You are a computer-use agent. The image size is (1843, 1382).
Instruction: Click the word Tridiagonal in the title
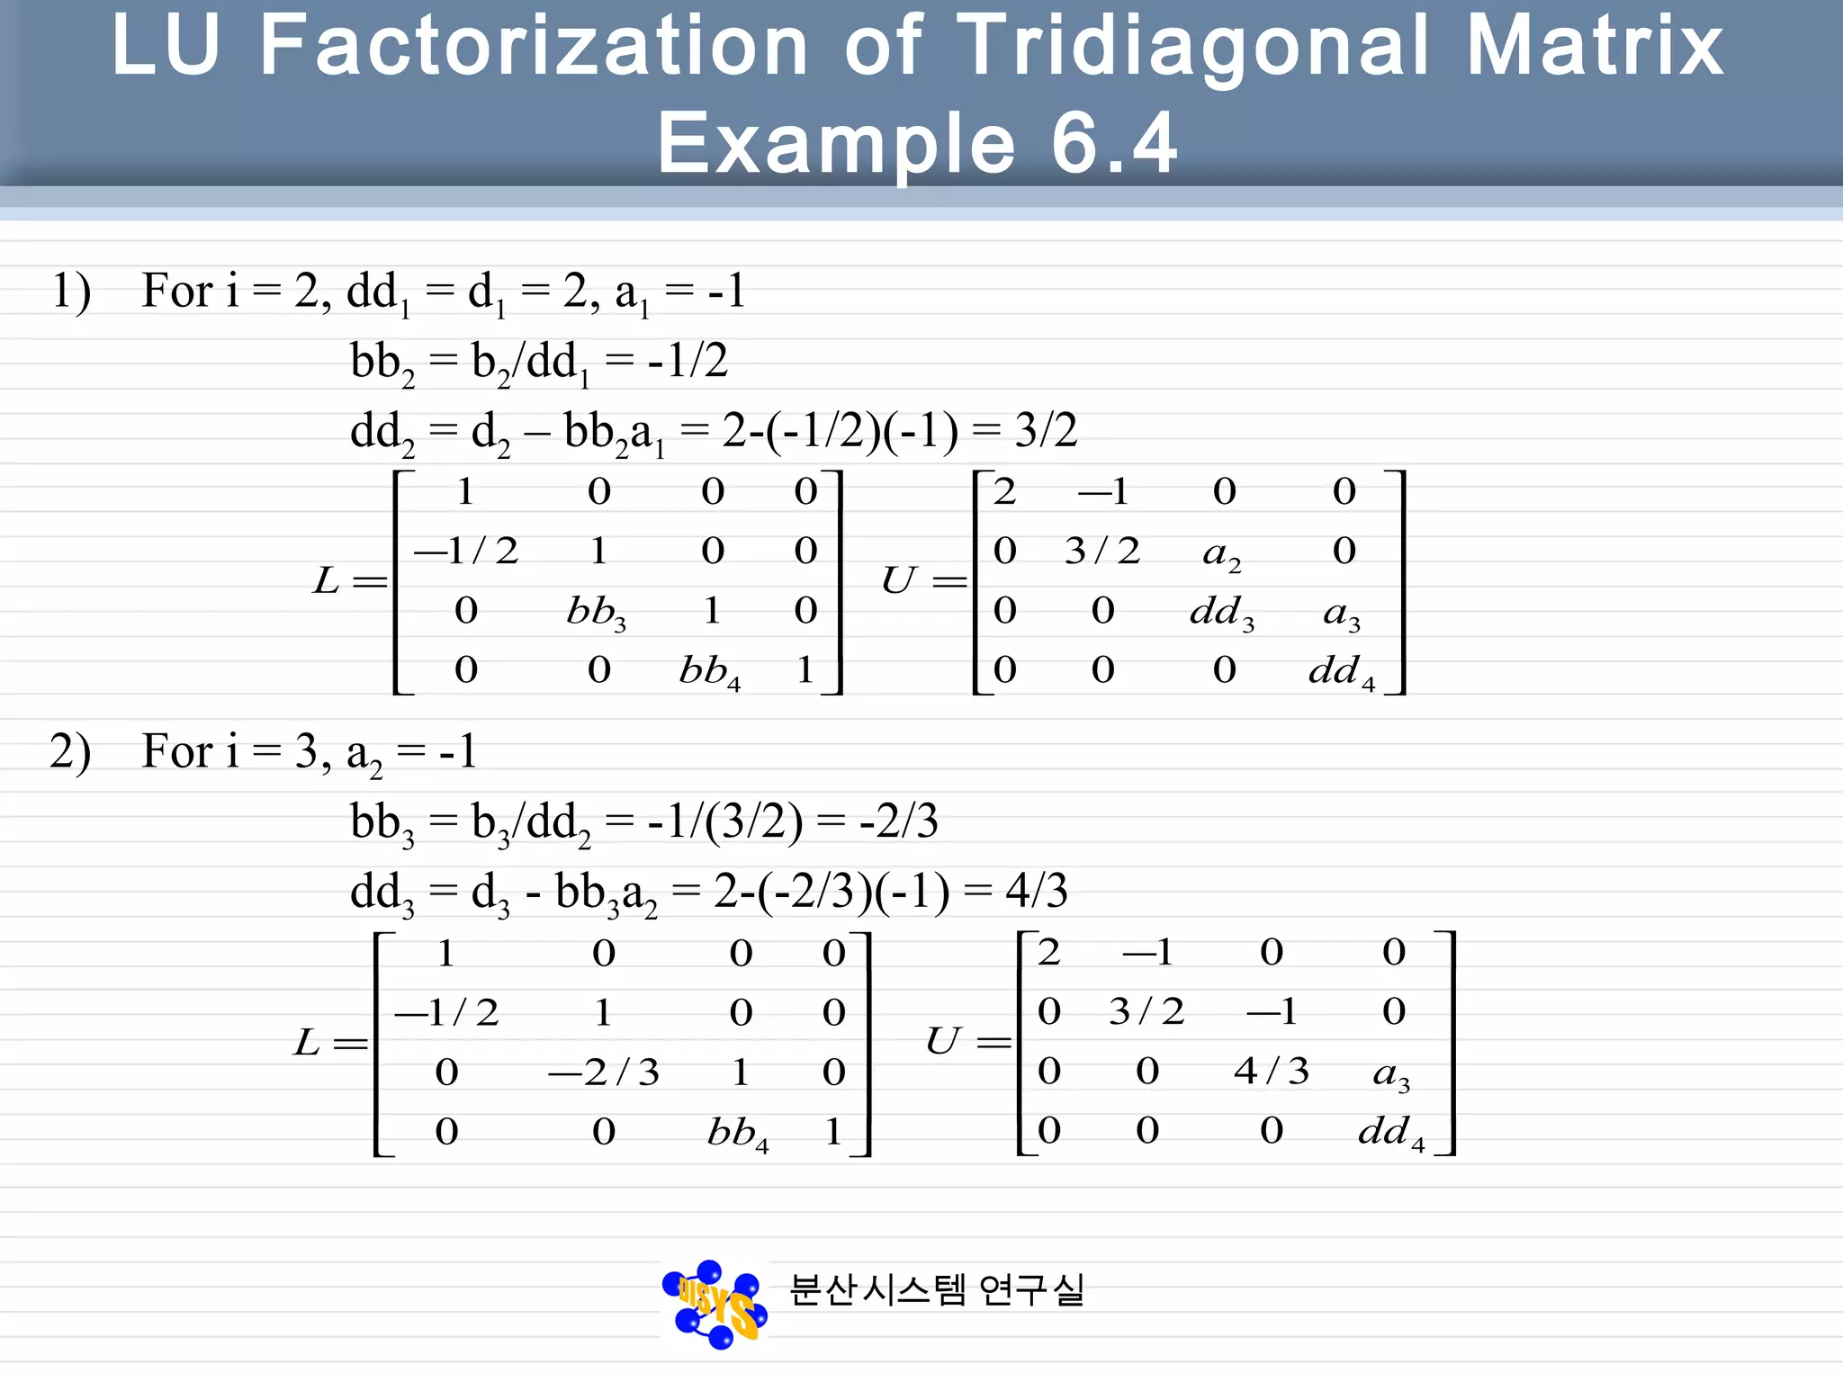point(1191,47)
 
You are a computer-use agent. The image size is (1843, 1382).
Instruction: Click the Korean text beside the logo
point(937,1289)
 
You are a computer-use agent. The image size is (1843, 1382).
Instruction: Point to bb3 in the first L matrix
point(596,613)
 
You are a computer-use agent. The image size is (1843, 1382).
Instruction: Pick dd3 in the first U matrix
point(1221,613)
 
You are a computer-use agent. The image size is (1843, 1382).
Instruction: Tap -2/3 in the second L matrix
point(604,1072)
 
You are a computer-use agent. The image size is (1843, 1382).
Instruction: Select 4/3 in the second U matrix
point(1271,1071)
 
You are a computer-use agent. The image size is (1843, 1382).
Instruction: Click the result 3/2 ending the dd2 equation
point(1046,430)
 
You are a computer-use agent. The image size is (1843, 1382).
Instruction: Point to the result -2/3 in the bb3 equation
point(898,821)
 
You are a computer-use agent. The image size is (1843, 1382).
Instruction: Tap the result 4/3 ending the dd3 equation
point(1037,891)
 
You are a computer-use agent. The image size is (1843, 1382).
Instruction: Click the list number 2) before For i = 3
point(70,751)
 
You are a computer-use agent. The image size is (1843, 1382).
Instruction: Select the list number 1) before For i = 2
point(71,292)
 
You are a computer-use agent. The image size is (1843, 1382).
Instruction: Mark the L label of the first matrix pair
point(326,580)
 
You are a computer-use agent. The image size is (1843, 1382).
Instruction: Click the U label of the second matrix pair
point(942,1041)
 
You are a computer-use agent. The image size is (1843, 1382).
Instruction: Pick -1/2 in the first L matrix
point(466,551)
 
